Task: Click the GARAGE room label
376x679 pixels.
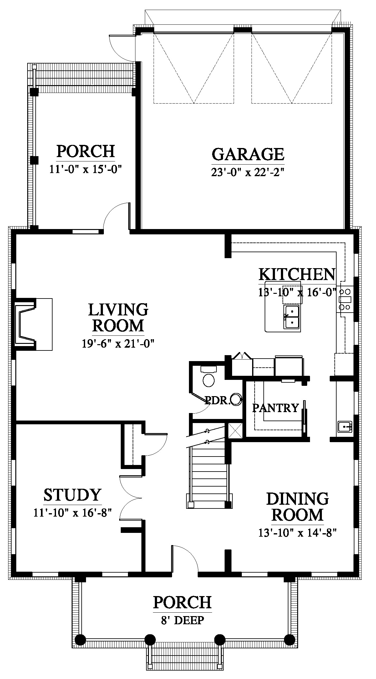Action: click(x=248, y=154)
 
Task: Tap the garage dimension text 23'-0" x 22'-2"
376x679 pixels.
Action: click(x=248, y=172)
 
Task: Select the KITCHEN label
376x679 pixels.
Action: click(x=297, y=274)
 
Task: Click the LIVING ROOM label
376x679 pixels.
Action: click(x=118, y=317)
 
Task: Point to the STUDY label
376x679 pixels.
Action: click(x=72, y=495)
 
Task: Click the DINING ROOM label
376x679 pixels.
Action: click(x=297, y=507)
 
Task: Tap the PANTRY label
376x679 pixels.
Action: click(x=276, y=408)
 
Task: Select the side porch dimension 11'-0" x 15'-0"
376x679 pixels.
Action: click(x=85, y=169)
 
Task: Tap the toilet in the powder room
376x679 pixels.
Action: click(x=208, y=376)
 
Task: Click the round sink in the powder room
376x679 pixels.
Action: click(x=236, y=399)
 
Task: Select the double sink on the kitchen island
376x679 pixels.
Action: click(x=292, y=317)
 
